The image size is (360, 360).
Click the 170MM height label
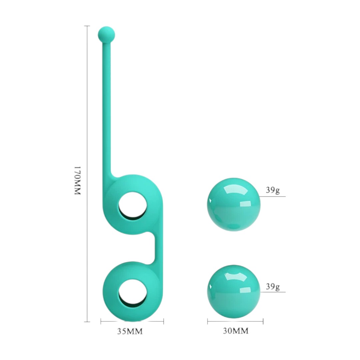[x=78, y=180]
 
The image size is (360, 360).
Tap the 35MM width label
[x=130, y=331]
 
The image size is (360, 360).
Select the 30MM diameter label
[x=236, y=331]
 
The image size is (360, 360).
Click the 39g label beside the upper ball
[x=273, y=190]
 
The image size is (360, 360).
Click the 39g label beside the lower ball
[x=273, y=287]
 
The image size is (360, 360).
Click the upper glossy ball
[x=234, y=204]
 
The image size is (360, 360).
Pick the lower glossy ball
[x=234, y=292]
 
